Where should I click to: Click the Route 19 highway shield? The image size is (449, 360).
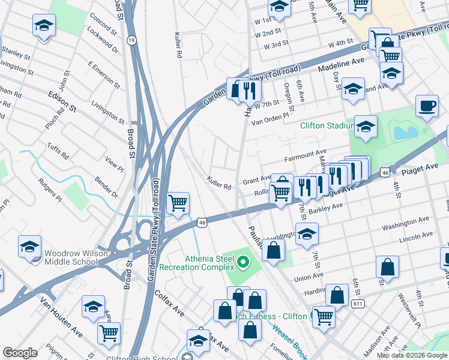[x=131, y=40]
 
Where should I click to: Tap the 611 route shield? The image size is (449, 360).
[x=358, y=304]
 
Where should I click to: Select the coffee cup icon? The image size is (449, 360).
[x=427, y=106]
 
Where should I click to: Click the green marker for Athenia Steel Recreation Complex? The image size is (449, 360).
[x=243, y=261]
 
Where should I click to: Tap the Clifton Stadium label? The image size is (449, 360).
[x=326, y=125]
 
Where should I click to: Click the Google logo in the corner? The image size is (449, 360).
[x=20, y=353]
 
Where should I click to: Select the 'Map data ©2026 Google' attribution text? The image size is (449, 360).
[x=412, y=355]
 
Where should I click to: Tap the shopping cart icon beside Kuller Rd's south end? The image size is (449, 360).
[x=178, y=204]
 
